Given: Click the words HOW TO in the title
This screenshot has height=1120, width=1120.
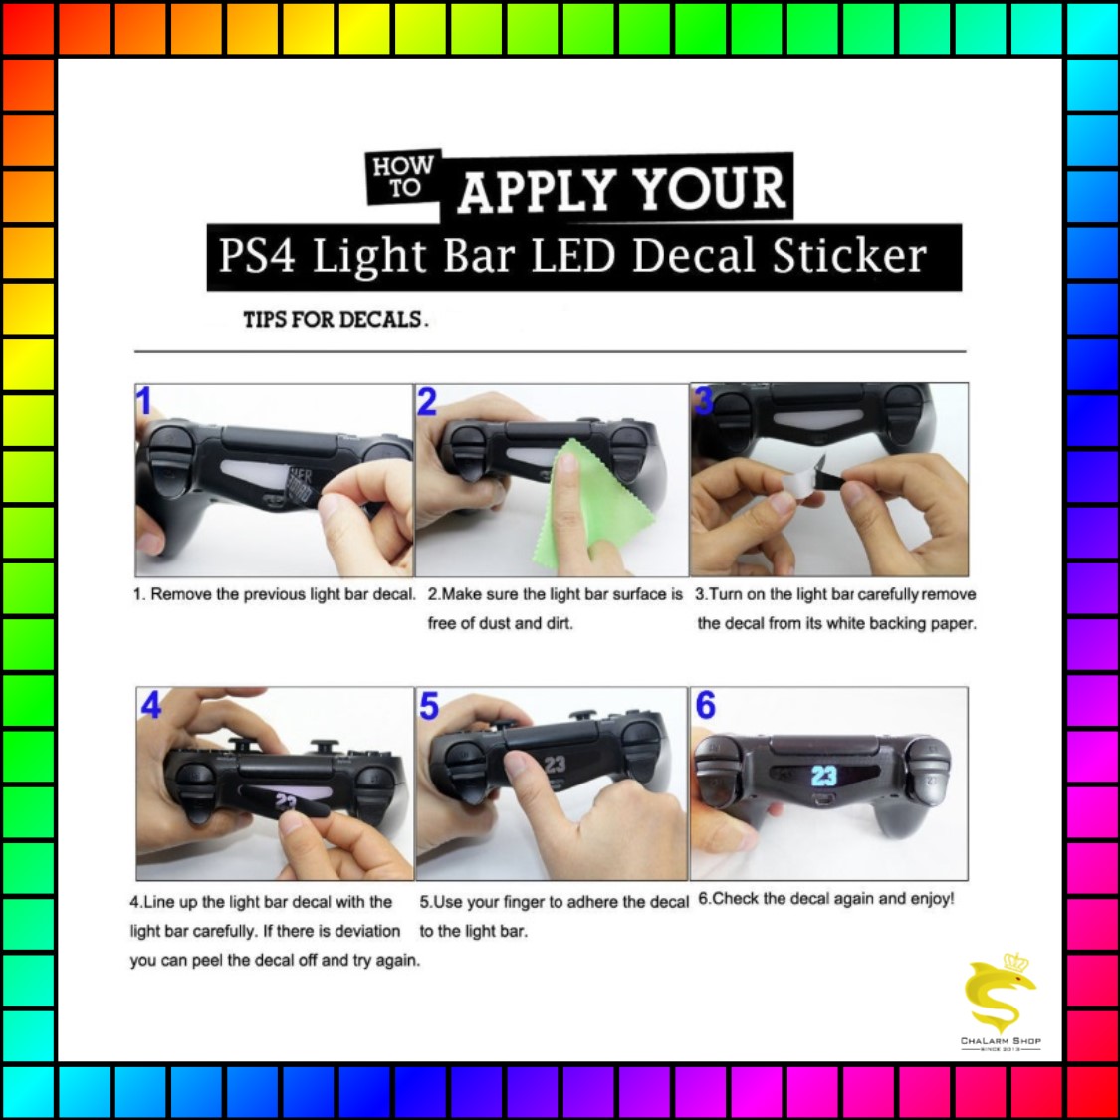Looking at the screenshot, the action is point(403,176).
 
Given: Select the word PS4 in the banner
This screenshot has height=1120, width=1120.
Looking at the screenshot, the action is point(257,255).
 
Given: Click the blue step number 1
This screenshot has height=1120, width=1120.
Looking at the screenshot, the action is point(144,401).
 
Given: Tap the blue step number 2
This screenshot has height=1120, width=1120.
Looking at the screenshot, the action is point(426,401).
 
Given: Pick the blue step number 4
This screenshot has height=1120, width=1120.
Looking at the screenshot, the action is point(150,705).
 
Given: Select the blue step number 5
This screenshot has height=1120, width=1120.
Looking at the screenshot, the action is point(428,706).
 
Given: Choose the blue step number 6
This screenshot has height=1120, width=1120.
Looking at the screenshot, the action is point(705,705).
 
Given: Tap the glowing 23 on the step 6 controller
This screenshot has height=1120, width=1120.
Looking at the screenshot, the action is point(823,776).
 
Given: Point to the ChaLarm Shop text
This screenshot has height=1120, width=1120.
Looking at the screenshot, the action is point(1001,1040).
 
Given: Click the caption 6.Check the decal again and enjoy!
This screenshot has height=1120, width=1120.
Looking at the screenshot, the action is point(825,899).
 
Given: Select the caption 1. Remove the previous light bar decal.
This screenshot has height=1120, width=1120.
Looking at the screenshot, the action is point(275,594).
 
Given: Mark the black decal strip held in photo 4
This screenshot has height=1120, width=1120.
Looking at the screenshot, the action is point(285,800).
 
